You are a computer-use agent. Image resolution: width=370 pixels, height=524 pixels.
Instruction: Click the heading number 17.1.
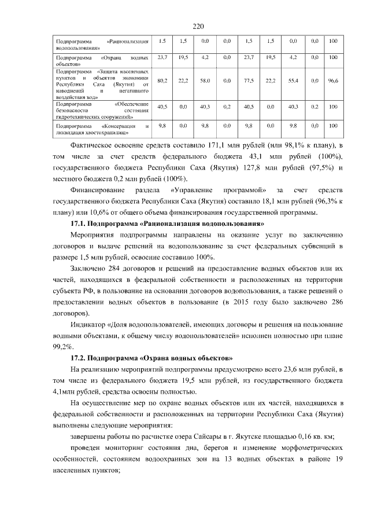[x=78, y=223]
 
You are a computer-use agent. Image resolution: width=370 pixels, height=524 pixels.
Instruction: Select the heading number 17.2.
[x=78, y=358]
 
